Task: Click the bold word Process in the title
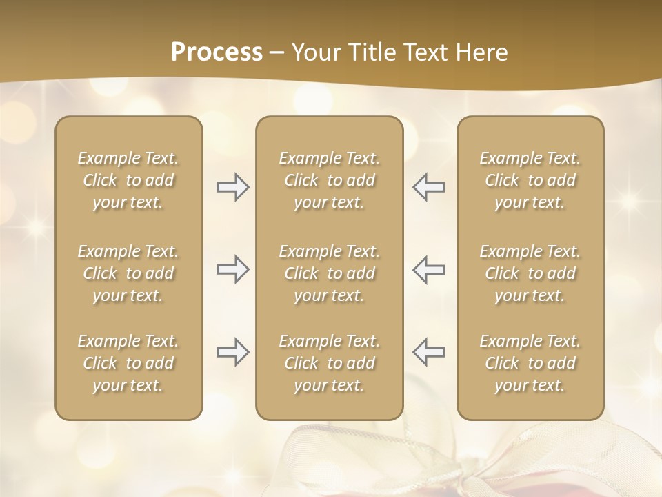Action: point(217,52)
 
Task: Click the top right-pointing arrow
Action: point(232,187)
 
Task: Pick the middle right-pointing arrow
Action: point(232,269)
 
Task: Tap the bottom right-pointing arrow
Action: point(232,352)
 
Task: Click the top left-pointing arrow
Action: point(429,187)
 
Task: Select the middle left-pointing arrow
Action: point(429,269)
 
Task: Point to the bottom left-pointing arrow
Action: point(429,352)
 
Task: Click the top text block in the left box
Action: point(128,180)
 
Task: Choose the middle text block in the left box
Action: point(128,273)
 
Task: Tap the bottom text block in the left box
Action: point(128,363)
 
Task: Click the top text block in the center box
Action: point(330,180)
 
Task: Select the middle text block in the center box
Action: point(330,273)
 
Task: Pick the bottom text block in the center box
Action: point(330,363)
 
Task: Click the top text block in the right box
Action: point(530,180)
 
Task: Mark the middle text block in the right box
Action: point(530,273)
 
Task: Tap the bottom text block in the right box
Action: point(530,363)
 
